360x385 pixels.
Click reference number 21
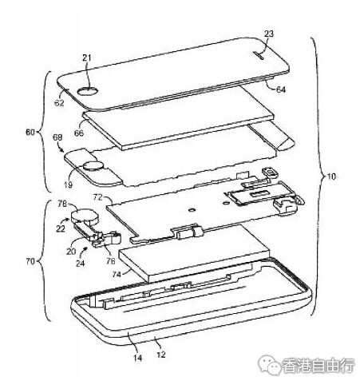[x=86, y=58]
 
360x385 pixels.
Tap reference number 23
[x=269, y=34]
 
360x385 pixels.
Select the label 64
[x=280, y=89]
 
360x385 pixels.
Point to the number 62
[x=59, y=102]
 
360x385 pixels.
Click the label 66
[x=79, y=133]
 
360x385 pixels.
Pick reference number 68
[x=57, y=137]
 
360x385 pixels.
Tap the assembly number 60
[x=30, y=132]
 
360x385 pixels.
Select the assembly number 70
[x=30, y=261]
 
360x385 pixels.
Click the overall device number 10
[x=331, y=177]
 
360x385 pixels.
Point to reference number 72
[x=97, y=197]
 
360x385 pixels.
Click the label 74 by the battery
[x=117, y=274]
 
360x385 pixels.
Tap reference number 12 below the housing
[x=161, y=355]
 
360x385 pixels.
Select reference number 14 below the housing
[x=137, y=358]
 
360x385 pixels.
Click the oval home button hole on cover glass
[x=88, y=91]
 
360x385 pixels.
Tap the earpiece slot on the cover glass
[x=258, y=55]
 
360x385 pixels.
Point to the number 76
[x=110, y=261]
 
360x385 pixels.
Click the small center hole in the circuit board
[x=192, y=210]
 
